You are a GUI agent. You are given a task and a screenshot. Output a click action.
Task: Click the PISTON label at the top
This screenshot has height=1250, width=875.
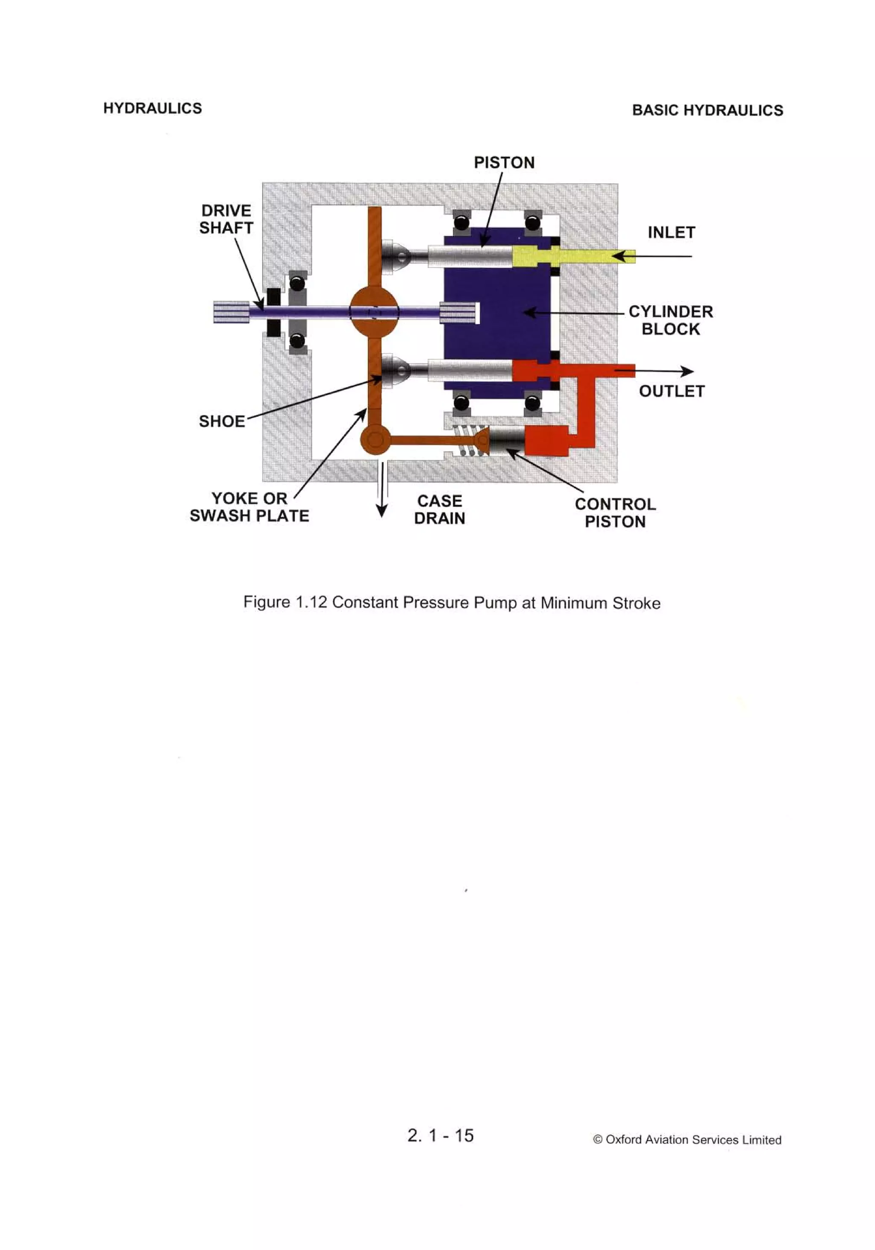(504, 163)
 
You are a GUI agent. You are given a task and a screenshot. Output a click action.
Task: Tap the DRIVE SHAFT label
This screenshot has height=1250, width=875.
(226, 220)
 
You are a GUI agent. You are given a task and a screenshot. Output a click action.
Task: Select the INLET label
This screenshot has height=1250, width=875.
(671, 233)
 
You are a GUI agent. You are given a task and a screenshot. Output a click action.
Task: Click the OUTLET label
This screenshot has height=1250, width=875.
(672, 392)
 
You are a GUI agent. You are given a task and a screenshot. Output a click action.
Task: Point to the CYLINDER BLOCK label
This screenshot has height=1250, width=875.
(671, 321)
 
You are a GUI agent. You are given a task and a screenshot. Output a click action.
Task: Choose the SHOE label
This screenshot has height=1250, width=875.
(222, 422)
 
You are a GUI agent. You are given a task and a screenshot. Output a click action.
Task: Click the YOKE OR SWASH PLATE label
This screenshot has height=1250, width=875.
(250, 507)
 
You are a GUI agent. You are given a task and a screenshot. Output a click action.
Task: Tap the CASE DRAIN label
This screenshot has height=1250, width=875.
(440, 509)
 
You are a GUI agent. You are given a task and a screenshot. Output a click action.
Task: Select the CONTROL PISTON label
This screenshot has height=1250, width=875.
(615, 513)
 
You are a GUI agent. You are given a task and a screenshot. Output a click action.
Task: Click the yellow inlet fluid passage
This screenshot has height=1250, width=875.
(578, 255)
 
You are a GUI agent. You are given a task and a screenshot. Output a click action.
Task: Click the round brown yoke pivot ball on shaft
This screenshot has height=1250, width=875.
(374, 313)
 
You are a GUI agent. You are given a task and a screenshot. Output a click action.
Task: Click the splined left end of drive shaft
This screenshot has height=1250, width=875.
(231, 313)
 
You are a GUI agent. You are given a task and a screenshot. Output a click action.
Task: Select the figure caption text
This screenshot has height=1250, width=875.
(452, 603)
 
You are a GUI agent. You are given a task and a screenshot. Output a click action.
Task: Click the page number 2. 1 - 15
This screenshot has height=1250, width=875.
(440, 1135)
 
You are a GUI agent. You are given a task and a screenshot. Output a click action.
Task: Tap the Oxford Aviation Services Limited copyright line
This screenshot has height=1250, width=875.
(687, 1139)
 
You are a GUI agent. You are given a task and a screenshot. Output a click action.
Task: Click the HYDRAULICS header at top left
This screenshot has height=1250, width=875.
(153, 108)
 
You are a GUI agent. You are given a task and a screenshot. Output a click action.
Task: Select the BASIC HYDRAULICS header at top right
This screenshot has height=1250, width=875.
(707, 111)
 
